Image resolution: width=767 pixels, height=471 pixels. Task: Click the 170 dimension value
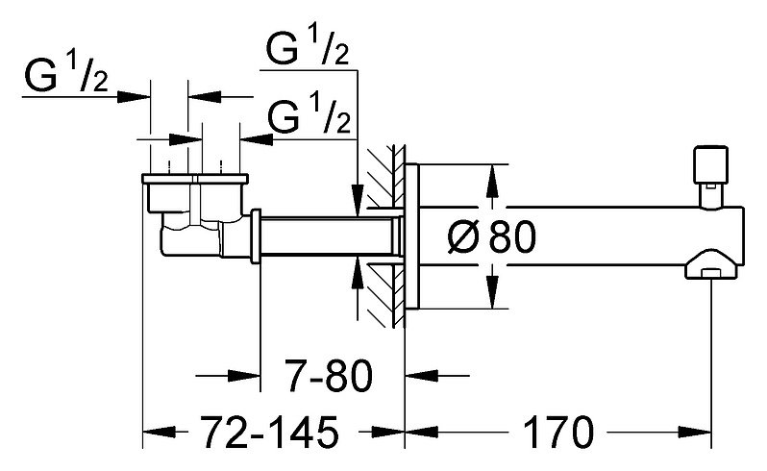tap(558, 433)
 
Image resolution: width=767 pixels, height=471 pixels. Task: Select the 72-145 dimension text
tap(269, 433)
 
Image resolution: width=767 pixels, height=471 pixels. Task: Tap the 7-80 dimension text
tap(329, 376)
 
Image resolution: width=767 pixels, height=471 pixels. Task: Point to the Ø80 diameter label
tap(491, 236)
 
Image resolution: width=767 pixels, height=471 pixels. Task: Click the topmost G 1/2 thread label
tap(308, 46)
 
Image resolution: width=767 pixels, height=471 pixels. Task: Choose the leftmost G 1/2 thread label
tap(66, 73)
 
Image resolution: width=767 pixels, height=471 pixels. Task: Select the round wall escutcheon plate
tap(412, 236)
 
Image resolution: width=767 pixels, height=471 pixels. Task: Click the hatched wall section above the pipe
tap(386, 175)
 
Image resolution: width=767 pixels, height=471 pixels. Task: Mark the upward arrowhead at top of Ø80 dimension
tap(492, 181)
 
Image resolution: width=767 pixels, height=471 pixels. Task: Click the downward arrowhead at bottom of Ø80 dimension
tap(492, 292)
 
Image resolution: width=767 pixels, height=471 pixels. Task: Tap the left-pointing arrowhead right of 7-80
tap(422, 376)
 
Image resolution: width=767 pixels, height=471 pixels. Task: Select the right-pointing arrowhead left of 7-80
tap(243, 376)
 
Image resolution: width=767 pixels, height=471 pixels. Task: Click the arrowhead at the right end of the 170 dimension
tap(695, 433)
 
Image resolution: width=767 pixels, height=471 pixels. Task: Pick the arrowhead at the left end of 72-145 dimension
tap(159, 433)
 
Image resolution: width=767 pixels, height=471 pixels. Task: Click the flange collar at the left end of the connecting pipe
tap(256, 236)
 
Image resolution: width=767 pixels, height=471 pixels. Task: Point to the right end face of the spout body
tap(743, 236)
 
